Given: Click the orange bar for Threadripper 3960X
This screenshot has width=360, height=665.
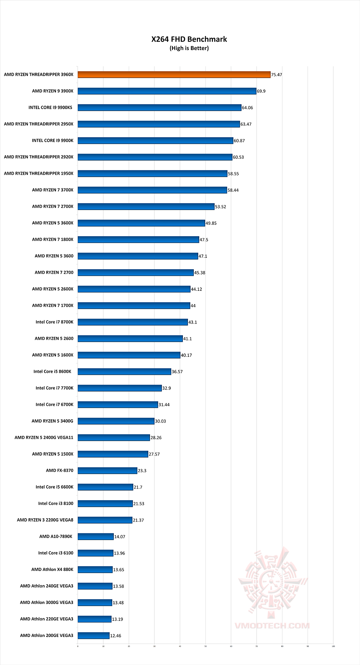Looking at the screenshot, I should coord(174,75).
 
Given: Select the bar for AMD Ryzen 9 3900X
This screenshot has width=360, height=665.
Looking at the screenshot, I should coord(167,91).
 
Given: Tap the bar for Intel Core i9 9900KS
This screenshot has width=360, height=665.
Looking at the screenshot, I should coord(159,107).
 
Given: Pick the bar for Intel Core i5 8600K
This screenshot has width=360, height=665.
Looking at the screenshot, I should coord(124,372).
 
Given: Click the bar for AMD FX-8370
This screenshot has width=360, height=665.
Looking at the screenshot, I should coord(107,471).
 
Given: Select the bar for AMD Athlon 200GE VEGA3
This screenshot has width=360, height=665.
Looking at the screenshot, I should coord(94,636).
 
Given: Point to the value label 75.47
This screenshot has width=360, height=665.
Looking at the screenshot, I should coord(277,75).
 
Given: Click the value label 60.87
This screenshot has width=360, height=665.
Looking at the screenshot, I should coord(239,141).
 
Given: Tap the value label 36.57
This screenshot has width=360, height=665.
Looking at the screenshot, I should coord(177,372).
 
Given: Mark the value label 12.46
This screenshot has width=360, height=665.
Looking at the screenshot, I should coord(116,636).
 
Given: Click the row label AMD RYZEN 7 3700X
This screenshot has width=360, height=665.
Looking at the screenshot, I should coord(53,190).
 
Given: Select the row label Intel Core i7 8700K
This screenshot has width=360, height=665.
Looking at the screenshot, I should coord(54,322).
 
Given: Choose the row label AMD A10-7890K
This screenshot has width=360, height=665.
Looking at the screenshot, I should coord(56,537).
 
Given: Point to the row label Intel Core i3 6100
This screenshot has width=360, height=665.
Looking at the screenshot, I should coord(56,553).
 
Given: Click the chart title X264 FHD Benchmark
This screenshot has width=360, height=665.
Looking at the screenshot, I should coord(189,39).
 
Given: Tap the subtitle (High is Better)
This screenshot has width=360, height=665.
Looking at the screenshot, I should coord(189,48).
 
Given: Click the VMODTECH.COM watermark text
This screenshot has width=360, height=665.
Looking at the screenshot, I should coord(272,626).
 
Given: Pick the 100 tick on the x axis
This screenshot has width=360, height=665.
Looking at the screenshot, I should coord(333,646).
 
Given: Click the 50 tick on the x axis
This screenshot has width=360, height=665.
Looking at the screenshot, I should coord(205,646).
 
